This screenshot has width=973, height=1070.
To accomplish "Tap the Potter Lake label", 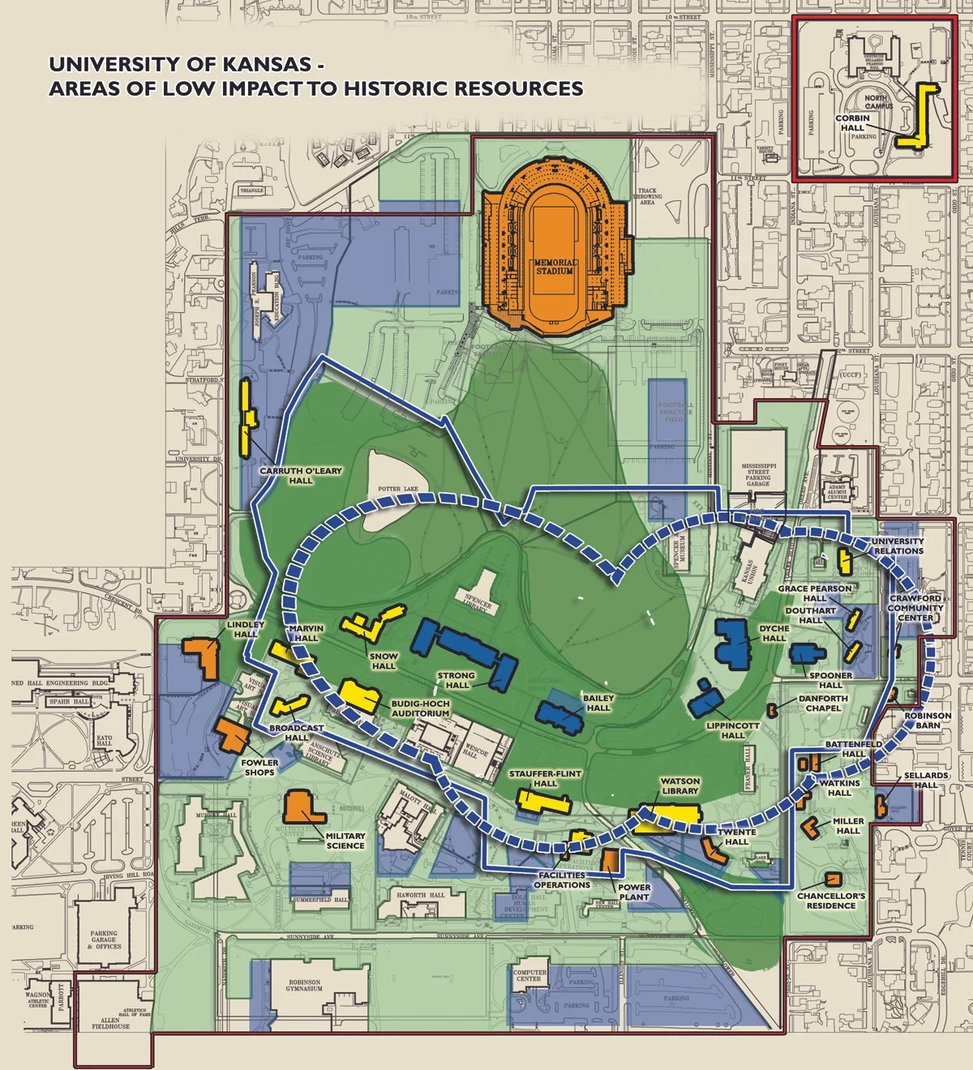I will tap(395, 489).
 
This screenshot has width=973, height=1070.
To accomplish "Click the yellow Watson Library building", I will tap(667, 817).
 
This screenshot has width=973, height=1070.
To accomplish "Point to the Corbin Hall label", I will tap(852, 122).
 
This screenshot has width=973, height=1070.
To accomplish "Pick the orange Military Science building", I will tap(301, 807).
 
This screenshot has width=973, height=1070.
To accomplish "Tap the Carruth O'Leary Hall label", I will tap(301, 475).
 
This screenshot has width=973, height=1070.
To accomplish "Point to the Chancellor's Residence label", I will tap(831, 901).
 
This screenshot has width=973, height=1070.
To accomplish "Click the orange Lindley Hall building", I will tap(203, 657).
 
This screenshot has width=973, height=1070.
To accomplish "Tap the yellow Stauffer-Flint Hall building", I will tap(543, 802).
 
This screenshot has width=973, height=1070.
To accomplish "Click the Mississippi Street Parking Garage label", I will tap(758, 475).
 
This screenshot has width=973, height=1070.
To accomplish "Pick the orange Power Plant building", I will tap(610, 861).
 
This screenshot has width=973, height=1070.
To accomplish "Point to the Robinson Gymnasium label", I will tap(304, 985).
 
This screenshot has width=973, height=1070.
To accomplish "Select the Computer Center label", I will tap(529, 975).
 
